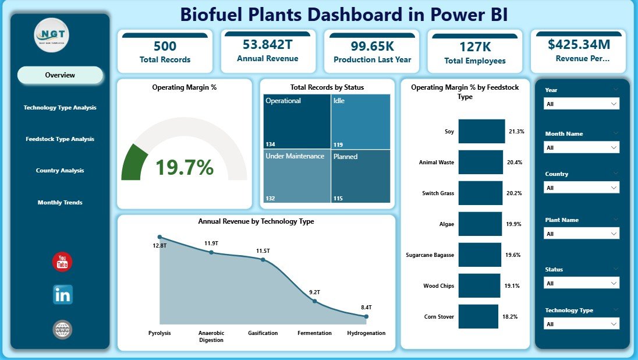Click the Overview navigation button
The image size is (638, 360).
tap(60, 75)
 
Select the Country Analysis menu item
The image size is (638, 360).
tap(60, 171)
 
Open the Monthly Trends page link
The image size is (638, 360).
tap(60, 203)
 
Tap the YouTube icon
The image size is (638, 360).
tap(62, 262)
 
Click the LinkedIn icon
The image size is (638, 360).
tap(62, 295)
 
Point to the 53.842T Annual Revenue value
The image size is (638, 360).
tap(268, 44)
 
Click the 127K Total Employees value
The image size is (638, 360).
tap(475, 46)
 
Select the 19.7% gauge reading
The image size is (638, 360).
tap(184, 168)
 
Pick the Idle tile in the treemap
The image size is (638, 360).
tap(361, 121)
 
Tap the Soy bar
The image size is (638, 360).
tap(481, 132)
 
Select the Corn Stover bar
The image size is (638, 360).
tap(478, 316)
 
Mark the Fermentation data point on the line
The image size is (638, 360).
tap(314, 301)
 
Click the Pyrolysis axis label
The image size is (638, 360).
tap(159, 333)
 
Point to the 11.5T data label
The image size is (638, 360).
tap(264, 250)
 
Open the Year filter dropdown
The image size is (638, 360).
tap(581, 104)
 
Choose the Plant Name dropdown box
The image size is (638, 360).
tap(581, 234)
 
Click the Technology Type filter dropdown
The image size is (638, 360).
tap(581, 324)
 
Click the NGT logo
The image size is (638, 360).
tap(52, 36)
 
